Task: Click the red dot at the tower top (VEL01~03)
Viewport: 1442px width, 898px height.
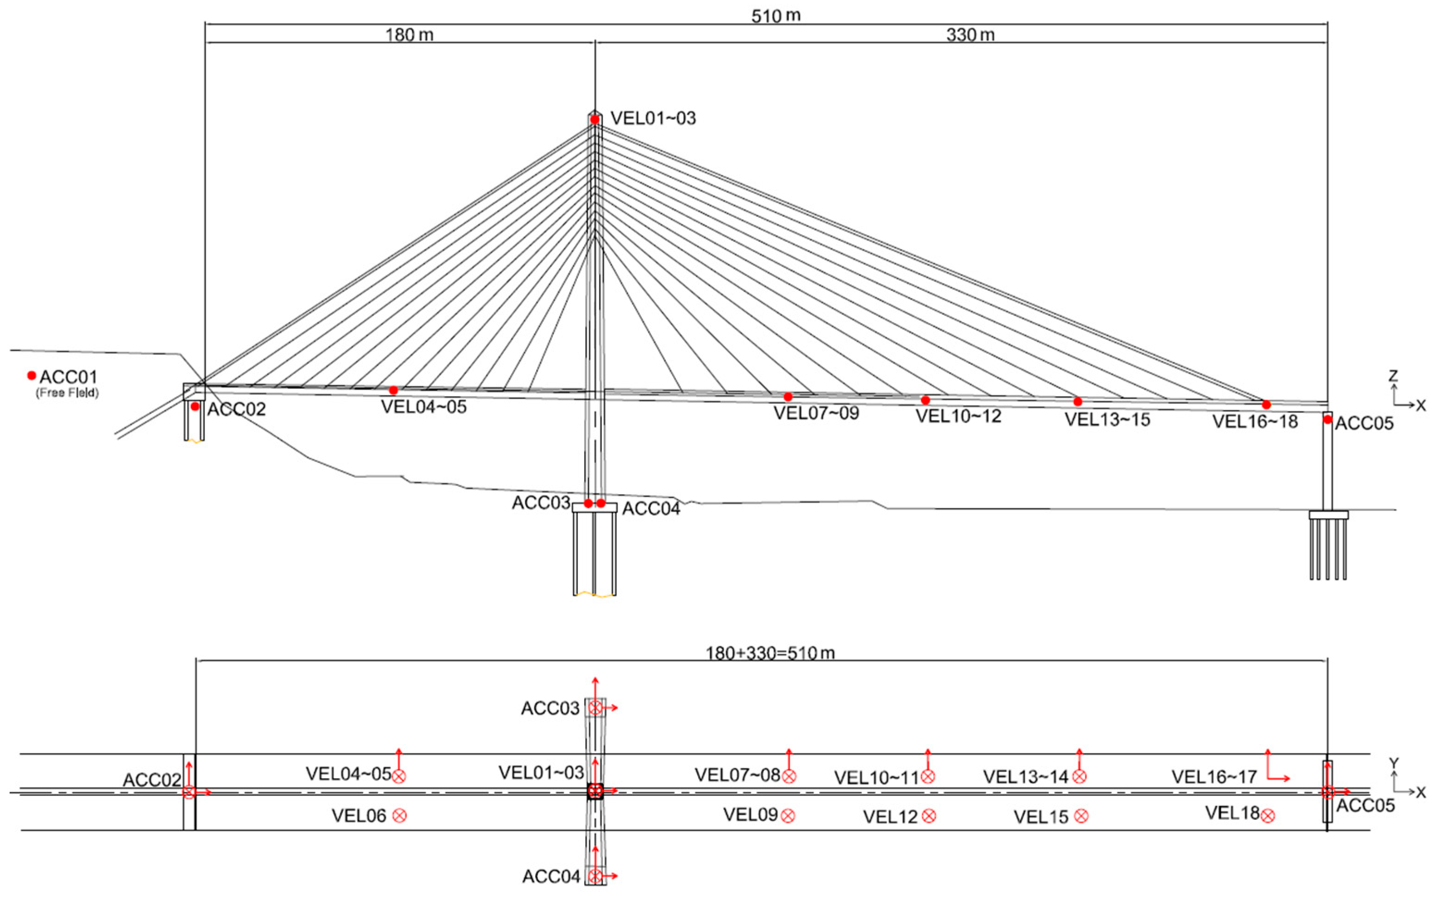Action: click(x=595, y=119)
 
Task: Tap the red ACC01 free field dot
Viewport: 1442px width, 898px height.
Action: click(x=31, y=375)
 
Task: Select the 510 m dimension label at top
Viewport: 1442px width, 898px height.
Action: click(x=775, y=15)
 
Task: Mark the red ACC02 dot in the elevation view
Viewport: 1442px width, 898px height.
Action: click(x=195, y=407)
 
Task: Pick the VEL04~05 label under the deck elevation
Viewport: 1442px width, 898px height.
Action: click(x=424, y=407)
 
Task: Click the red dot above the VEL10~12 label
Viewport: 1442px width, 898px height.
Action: click(x=925, y=400)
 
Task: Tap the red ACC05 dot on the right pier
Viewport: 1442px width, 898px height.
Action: click(x=1327, y=419)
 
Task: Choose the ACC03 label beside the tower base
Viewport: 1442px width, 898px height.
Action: click(x=541, y=503)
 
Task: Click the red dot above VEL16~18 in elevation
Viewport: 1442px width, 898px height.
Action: click(x=1266, y=405)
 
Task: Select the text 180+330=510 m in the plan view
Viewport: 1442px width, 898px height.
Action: click(x=770, y=653)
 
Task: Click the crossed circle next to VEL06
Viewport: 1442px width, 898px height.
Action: click(x=400, y=815)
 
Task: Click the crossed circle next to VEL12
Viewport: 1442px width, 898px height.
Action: click(x=929, y=816)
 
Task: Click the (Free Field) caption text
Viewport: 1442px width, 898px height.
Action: click(x=67, y=393)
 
